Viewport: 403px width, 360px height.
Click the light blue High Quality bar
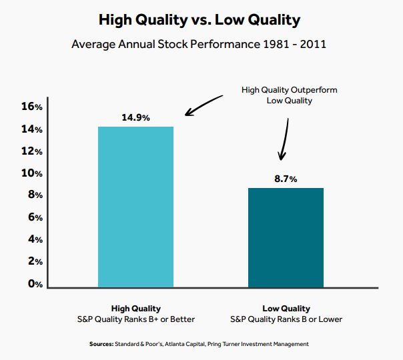coord(135,207)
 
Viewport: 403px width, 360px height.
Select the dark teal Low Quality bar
coord(286,237)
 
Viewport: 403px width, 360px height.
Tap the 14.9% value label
coord(135,117)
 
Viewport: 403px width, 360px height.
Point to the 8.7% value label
coord(285,179)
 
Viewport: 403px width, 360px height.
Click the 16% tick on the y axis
coord(32,107)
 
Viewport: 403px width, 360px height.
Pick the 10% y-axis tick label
coord(32,173)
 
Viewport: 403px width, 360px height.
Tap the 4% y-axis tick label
coord(35,239)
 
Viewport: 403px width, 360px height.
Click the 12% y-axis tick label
coord(32,151)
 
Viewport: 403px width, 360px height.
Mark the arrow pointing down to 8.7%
coord(284,139)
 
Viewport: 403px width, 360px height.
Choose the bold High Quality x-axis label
coord(135,309)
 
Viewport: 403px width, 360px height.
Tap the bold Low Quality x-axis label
coord(286,309)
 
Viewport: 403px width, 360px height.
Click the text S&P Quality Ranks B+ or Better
coord(135,319)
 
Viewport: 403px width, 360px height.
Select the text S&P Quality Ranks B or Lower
coord(286,319)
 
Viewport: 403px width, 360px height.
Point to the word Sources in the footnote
coord(102,344)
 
